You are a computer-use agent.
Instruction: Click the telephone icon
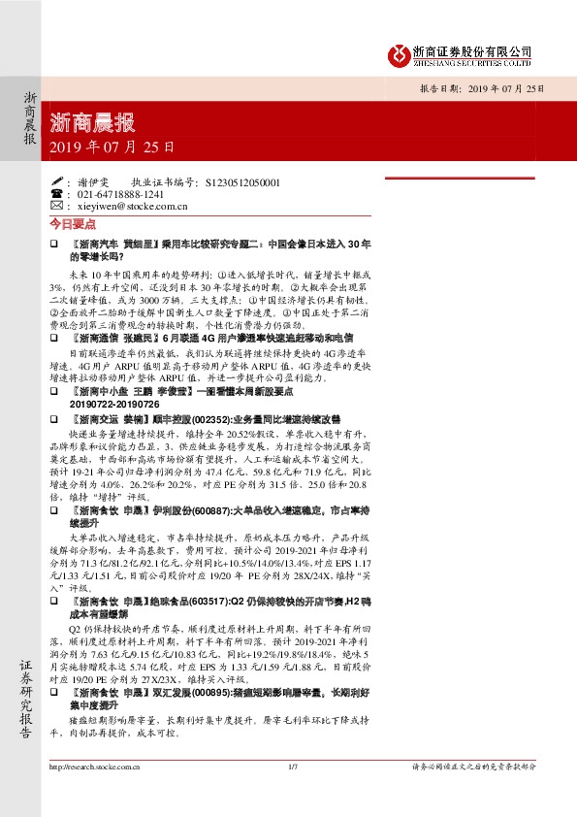point(55,193)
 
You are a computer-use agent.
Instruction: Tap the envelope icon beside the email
point(55,206)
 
